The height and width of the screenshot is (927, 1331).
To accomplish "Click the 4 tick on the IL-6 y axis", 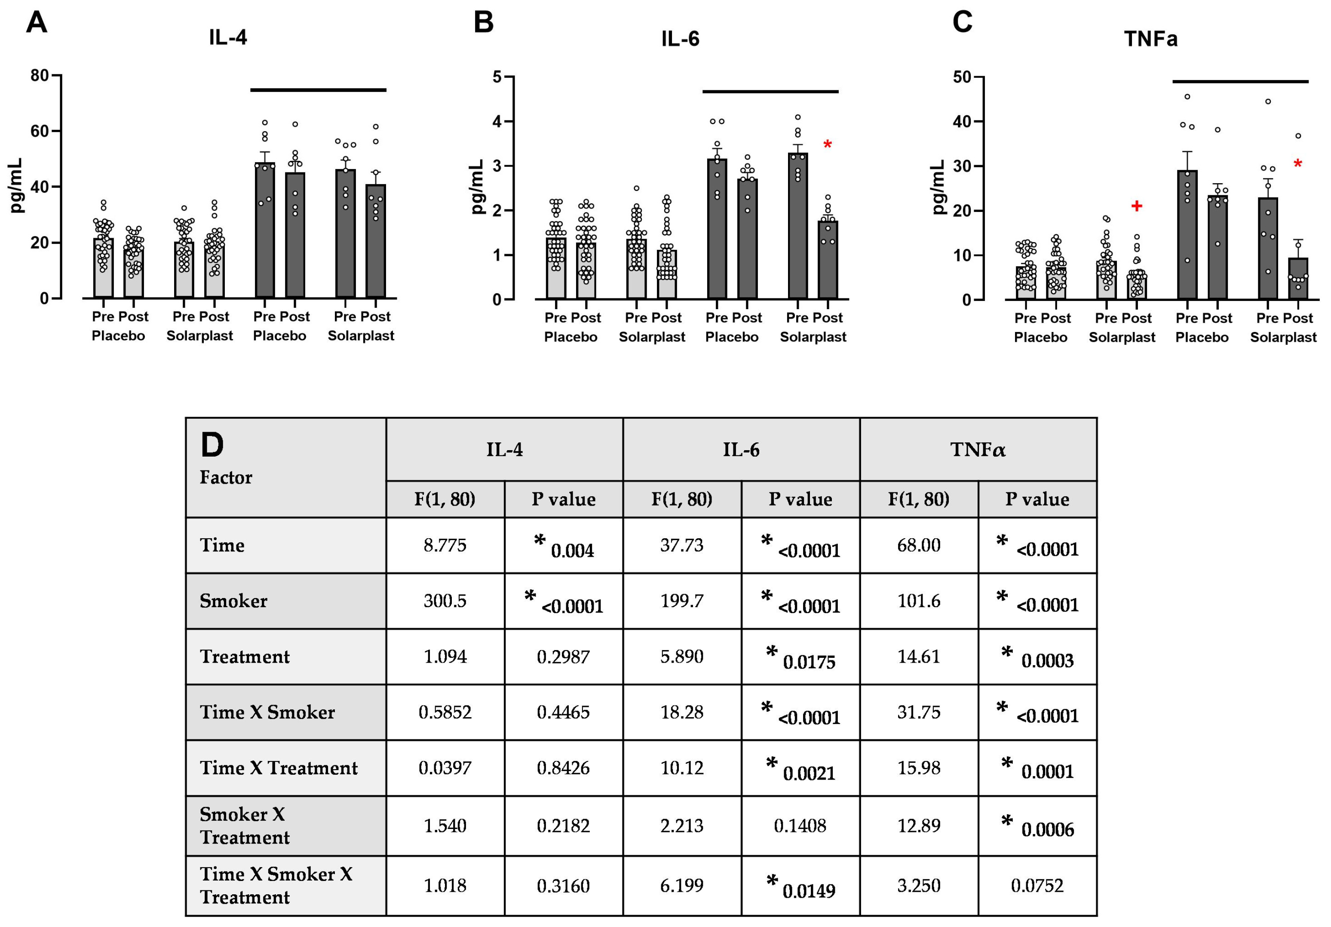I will pos(497,122).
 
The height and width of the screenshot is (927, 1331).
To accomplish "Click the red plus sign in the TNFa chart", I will pos(1136,206).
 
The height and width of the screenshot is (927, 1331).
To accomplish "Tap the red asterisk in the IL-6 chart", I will pos(827,145).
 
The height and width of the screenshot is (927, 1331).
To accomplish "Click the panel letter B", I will pos(484,23).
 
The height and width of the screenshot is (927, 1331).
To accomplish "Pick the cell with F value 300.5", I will pos(445,601).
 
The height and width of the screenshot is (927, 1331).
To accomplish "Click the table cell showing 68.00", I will pos(918,545).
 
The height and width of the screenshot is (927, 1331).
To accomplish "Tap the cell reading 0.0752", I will pos(1037,885).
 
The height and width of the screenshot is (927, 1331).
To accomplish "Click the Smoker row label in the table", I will pos(233,601).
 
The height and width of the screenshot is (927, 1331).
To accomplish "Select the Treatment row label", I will pos(245,656).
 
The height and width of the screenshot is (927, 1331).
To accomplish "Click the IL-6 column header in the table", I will pos(740,449).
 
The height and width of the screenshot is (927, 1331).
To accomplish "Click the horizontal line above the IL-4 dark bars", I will pos(318,90).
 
